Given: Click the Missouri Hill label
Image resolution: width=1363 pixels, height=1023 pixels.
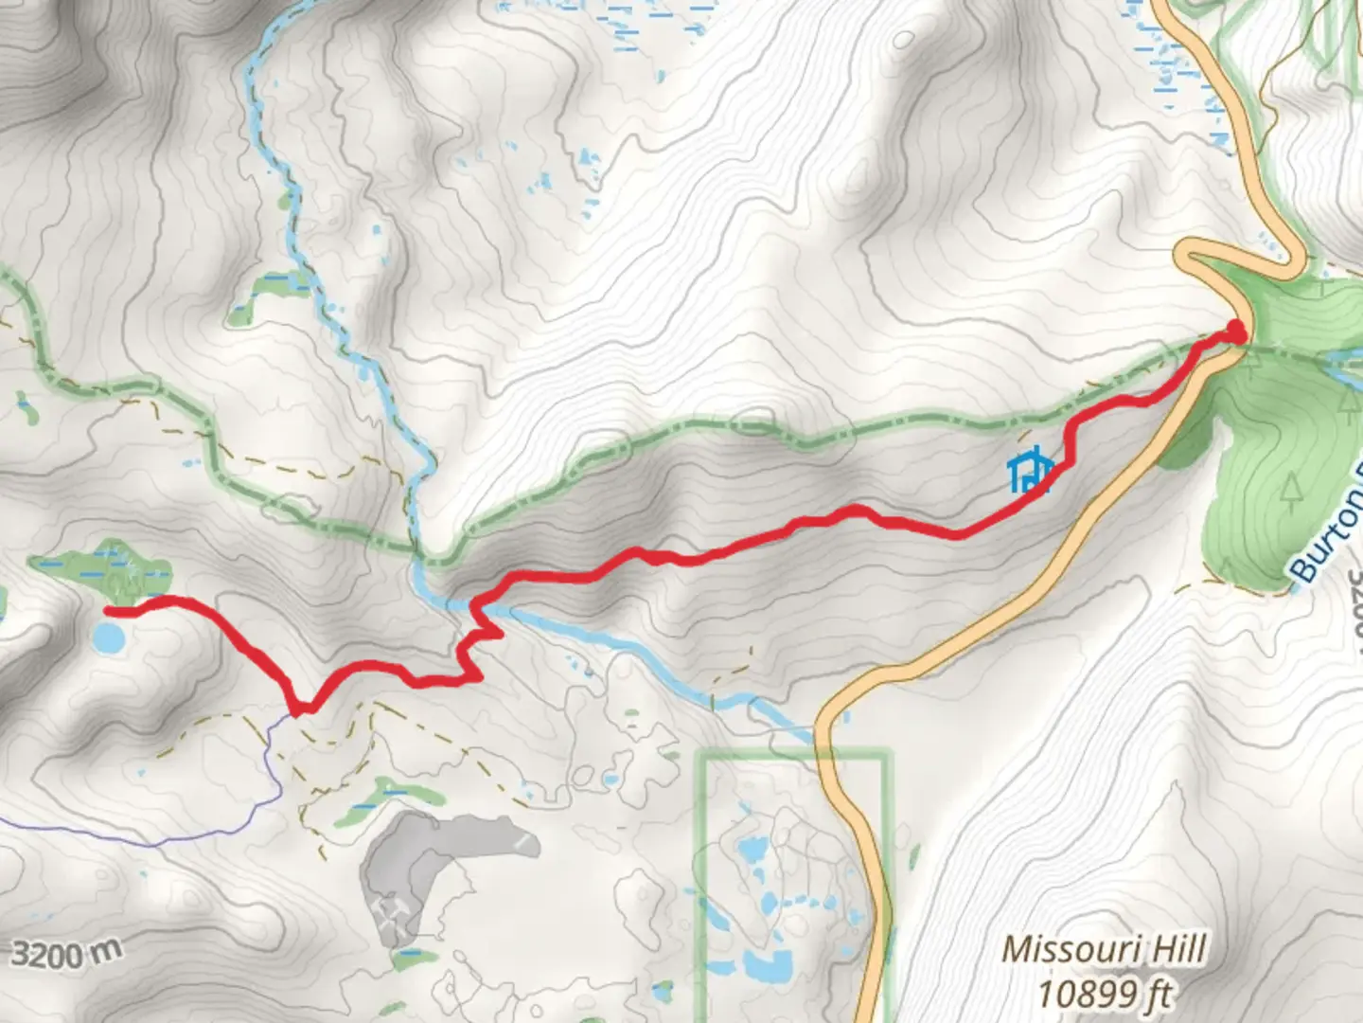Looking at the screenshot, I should point(1104,949).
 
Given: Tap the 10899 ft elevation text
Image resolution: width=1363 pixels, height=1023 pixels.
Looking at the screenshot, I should point(1104,995).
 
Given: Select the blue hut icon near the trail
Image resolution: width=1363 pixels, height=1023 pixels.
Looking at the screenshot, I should point(1030,471).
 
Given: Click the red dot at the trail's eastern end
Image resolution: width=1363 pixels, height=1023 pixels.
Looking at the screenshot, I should point(1236,330).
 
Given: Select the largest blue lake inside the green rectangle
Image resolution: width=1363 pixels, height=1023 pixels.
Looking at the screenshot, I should point(767,966).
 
